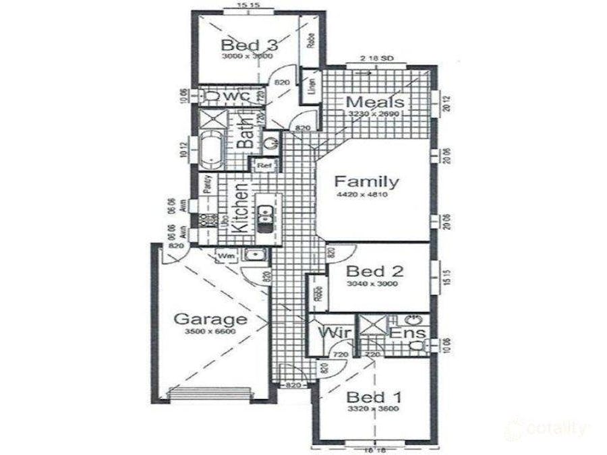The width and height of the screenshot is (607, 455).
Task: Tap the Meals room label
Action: pyautogui.click(x=375, y=102)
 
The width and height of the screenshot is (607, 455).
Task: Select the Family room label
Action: pyautogui.click(x=367, y=181)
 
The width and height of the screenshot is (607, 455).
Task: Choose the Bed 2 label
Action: pyautogui.click(x=374, y=272)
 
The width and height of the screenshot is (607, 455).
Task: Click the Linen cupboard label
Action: pyautogui.click(x=312, y=87)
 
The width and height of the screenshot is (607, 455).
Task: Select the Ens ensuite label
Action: pyautogui.click(x=408, y=332)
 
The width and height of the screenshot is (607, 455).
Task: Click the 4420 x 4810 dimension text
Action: pyautogui.click(x=367, y=195)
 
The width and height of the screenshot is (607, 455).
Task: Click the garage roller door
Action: pyautogui.click(x=210, y=394)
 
